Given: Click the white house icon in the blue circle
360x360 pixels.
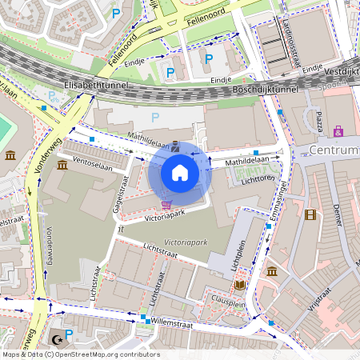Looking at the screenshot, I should (180, 173).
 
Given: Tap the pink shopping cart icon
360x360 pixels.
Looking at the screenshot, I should (166, 205).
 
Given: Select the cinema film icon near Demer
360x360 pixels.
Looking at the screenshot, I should (310, 214).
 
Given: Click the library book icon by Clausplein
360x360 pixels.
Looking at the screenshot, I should (240, 285).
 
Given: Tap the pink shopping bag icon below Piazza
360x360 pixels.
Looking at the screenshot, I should (338, 130).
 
